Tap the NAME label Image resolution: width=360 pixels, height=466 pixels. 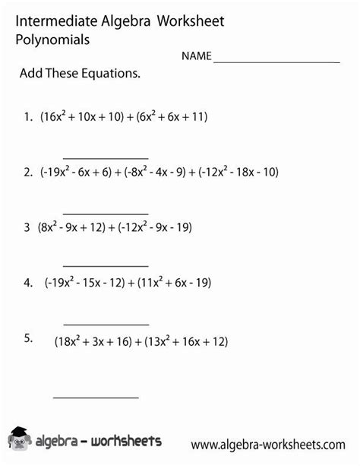click(196, 57)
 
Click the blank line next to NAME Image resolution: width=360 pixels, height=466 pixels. click(276, 62)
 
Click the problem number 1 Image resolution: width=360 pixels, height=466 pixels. click(27, 117)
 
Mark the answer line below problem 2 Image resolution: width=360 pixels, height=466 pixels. click(106, 214)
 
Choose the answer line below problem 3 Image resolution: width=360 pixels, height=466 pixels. click(106, 266)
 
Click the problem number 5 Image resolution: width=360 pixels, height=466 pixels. click(27, 338)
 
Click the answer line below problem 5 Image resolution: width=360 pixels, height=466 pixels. click(96, 397)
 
